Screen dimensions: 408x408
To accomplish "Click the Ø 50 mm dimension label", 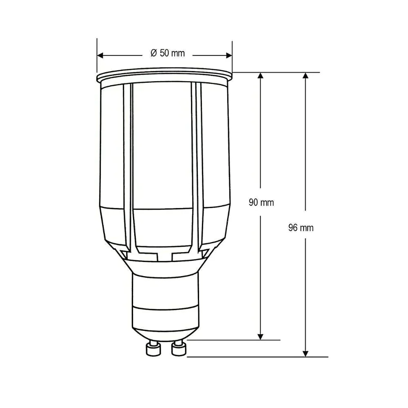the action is [168, 53].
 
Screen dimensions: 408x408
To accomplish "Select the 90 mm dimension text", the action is [261, 202].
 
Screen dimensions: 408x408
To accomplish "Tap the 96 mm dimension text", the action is [301, 228].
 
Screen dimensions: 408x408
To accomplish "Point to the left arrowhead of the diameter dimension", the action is [100, 55].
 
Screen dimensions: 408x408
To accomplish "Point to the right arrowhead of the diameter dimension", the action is [229, 55].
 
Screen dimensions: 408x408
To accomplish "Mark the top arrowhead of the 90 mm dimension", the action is [260, 75].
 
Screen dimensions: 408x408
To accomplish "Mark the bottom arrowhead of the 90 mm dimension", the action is [260, 337].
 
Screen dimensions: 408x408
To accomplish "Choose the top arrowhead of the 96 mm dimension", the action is [306, 75].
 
